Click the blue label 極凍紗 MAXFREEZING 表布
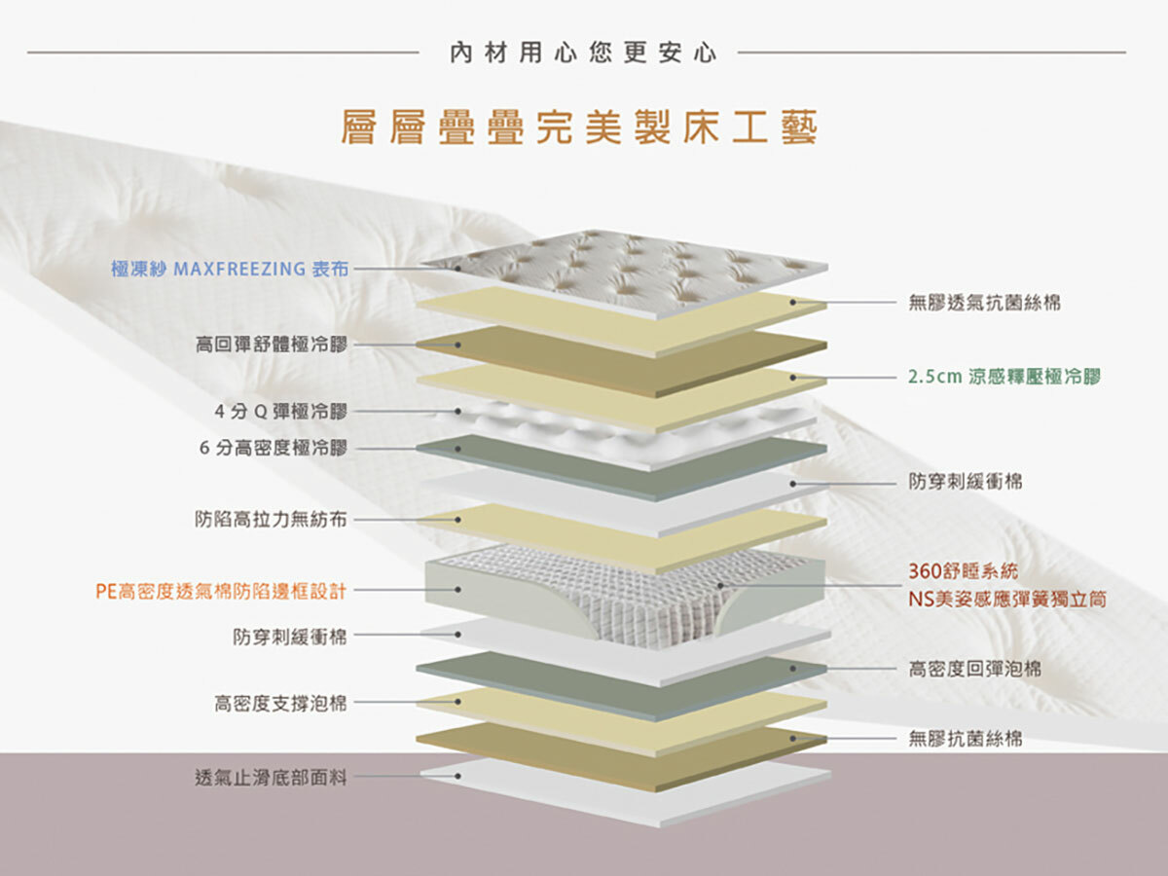(x=230, y=269)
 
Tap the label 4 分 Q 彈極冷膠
(x=280, y=412)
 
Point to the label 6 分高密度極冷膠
(x=273, y=448)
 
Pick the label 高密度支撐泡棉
(x=280, y=703)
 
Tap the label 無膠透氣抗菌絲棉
(x=984, y=303)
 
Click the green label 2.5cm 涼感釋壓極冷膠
(x=1004, y=377)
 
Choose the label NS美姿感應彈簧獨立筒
(x=1006, y=599)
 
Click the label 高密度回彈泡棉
(x=974, y=669)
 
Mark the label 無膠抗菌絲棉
(x=965, y=739)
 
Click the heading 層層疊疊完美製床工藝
(x=579, y=128)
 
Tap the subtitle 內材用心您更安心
(x=582, y=53)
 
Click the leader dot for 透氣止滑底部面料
(x=457, y=777)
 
